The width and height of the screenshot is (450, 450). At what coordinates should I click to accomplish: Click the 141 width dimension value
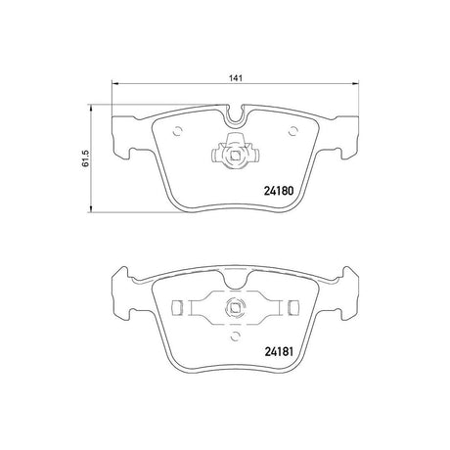tap(235, 78)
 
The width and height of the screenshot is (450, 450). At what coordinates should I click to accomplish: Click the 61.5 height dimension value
tap(85, 158)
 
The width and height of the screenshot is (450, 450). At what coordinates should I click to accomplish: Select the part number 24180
tap(279, 191)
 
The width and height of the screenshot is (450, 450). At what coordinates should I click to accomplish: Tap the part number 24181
tap(279, 351)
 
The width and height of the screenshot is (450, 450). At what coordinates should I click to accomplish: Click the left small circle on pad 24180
tap(177, 131)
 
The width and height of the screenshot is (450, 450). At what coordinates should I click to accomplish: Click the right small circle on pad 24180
tap(293, 131)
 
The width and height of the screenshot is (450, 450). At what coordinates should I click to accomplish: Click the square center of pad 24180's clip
tap(235, 155)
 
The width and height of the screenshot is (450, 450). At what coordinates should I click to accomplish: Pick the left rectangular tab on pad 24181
tap(177, 308)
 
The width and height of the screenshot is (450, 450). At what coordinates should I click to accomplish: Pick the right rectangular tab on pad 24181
tap(293, 308)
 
